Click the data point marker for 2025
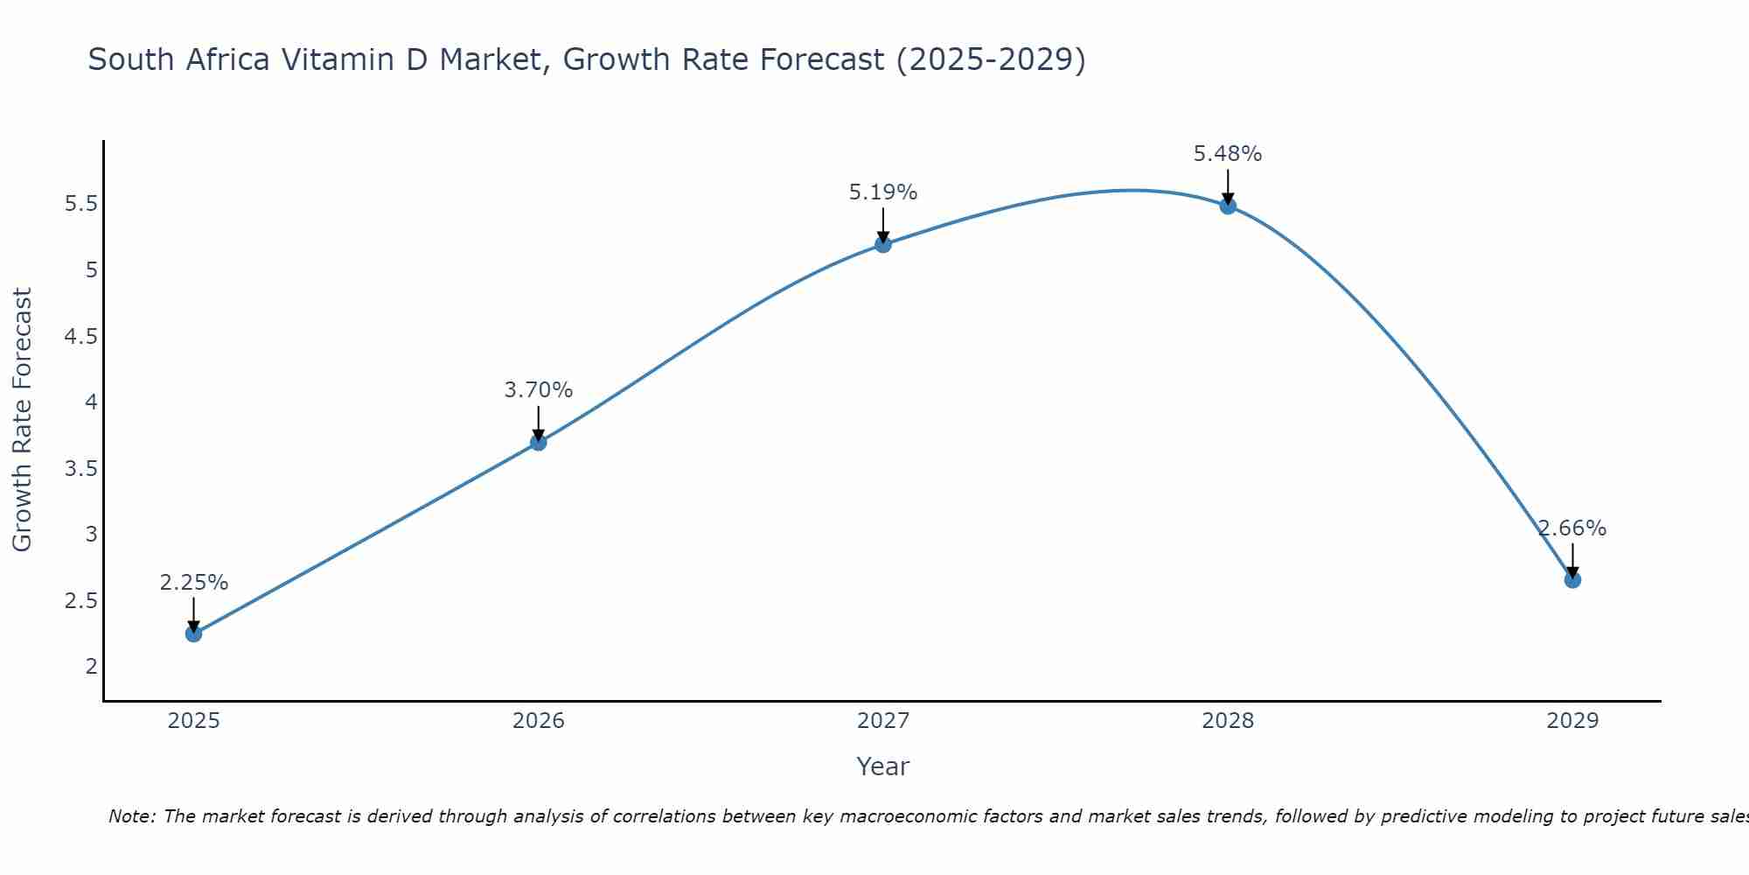pos(193,633)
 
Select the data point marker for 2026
pos(539,443)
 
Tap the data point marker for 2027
pos(883,244)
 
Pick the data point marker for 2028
pos(1228,206)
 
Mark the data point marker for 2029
pos(1572,579)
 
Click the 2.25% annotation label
pos(193,583)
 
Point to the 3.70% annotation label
pos(539,390)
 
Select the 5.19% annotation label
pos(883,192)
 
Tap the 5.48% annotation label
pos(1228,154)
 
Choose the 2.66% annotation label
pos(1572,528)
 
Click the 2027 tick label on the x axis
pos(883,721)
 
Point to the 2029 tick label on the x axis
pos(1572,721)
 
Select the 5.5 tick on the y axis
pos(80,204)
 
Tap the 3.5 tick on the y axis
pos(80,468)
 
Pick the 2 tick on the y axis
pos(91,666)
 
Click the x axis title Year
pos(883,766)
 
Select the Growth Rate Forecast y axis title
pos(23,420)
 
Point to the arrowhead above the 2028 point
pos(1228,199)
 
